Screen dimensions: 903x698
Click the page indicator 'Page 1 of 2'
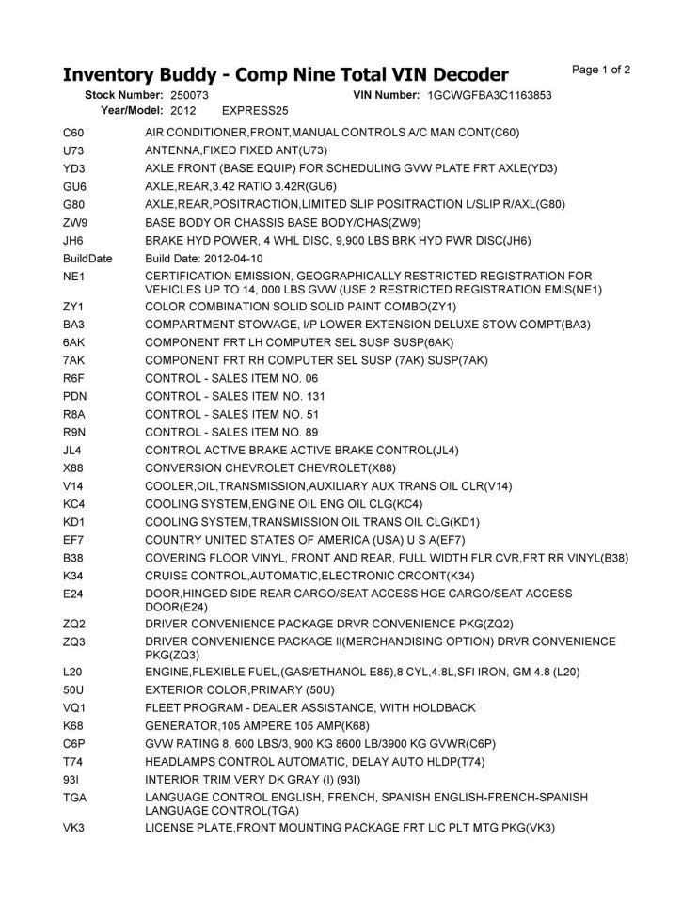(600, 70)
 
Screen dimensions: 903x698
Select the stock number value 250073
(190, 95)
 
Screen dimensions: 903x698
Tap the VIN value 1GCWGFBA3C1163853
(489, 95)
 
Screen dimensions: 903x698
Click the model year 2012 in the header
(183, 110)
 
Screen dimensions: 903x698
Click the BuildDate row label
(87, 258)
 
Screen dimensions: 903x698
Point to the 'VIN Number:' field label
(386, 95)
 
